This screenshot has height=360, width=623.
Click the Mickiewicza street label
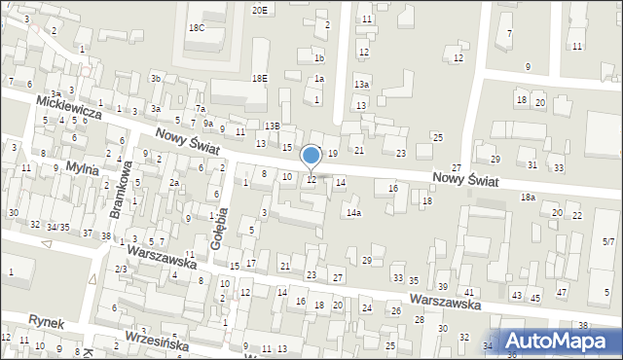coord(69,107)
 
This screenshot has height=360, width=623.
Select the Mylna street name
coord(83,169)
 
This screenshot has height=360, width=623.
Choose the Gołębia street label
coord(220,223)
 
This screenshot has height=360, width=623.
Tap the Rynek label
coord(46,319)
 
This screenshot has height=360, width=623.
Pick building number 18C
coord(197,28)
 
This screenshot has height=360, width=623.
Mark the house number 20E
coord(259,10)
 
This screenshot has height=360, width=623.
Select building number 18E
coord(259,78)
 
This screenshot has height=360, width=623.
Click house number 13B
coord(272,126)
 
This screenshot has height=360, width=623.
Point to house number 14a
coord(353,212)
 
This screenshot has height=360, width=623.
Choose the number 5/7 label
coord(608,240)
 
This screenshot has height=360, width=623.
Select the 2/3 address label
coord(121,269)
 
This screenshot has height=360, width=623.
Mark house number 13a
coord(361,86)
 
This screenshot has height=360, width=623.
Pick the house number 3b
coord(155,78)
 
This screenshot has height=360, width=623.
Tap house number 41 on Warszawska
coord(468,292)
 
